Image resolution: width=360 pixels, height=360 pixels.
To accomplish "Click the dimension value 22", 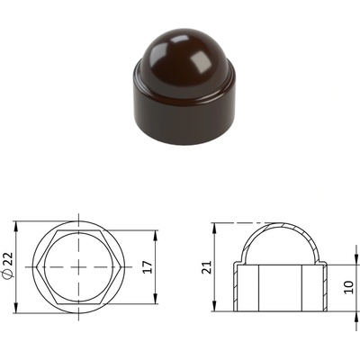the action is click(10, 258).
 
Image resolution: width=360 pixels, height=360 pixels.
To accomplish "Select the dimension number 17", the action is click(148, 267).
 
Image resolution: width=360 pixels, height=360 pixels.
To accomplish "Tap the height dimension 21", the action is click(206, 267).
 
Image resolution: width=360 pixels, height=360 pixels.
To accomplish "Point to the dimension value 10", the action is click(349, 287).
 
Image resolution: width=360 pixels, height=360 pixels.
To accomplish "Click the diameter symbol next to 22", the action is click(10, 274).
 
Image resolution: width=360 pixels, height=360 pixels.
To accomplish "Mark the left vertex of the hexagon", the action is click(36, 267).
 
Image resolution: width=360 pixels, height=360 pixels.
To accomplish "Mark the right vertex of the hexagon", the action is click(121, 267).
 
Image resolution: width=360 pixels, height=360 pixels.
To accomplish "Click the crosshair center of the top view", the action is click(79, 267).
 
